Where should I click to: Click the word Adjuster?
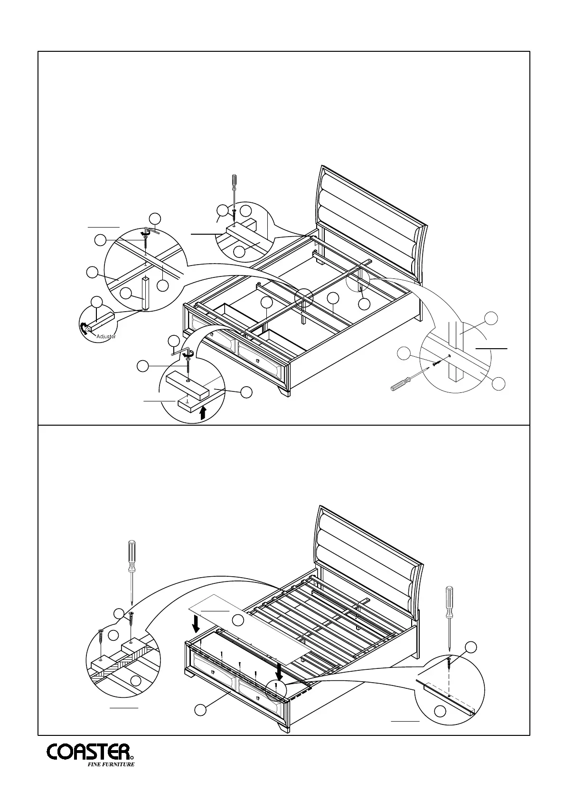(x=106, y=336)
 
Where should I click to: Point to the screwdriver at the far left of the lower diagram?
(x=131, y=570)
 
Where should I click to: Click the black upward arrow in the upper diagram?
(x=203, y=412)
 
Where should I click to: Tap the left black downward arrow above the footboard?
(x=196, y=625)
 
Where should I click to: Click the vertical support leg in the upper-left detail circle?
(x=146, y=293)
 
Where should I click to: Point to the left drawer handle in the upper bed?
(x=211, y=334)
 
